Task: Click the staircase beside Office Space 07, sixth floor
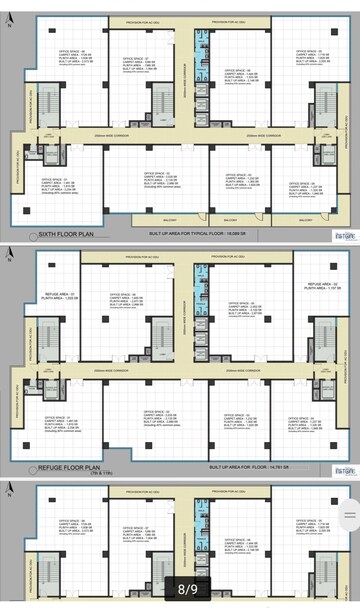(163, 100)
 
